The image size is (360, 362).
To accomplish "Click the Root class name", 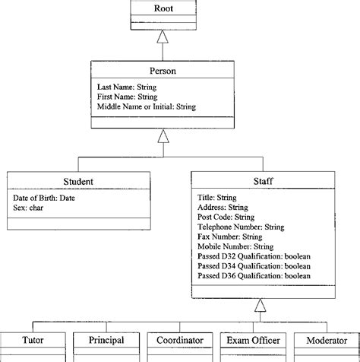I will [163, 8].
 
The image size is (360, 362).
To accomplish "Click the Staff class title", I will [261, 182].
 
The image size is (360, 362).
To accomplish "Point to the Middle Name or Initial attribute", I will [147, 107].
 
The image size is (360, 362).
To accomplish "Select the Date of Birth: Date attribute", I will [44, 198].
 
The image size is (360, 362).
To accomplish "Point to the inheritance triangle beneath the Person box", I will [162, 136].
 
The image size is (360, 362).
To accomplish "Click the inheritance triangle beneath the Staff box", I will [261, 306].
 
